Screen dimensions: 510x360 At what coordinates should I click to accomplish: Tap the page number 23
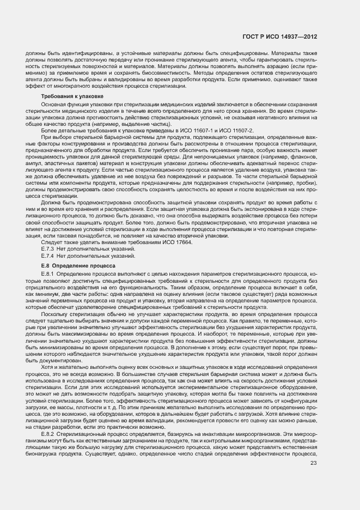coord(313,448)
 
